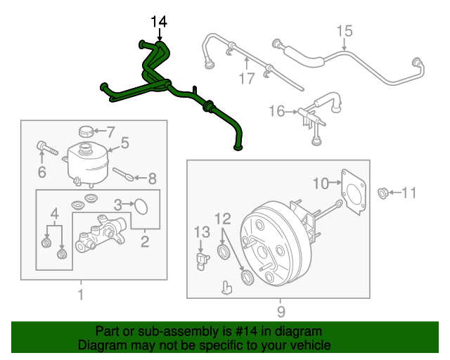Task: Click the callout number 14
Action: [160, 22]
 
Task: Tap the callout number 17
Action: [246, 78]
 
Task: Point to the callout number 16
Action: [276, 110]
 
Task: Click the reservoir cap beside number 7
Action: [86, 131]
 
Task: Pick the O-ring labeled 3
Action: [141, 205]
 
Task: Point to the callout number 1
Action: [80, 295]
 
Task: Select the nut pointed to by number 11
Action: [384, 192]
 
